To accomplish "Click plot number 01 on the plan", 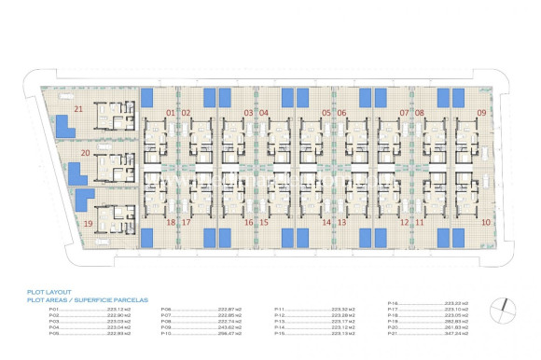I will (x=170, y=113).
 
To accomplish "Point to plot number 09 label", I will (x=481, y=113).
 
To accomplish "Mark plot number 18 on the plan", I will (x=170, y=223).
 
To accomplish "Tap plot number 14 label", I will (x=326, y=223).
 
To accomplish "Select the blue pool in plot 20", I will (x=74, y=171).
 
